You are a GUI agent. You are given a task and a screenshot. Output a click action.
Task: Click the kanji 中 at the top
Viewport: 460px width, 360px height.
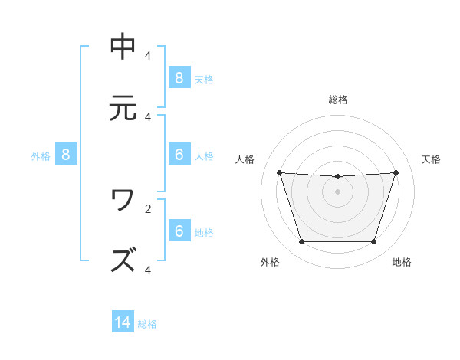coord(123,47)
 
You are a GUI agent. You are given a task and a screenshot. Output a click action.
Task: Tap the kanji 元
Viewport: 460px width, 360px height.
coord(123,108)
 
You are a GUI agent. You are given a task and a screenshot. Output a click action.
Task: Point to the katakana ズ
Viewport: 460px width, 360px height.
coord(123,260)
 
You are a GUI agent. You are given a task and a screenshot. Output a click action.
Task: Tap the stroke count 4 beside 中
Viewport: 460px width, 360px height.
coord(147,56)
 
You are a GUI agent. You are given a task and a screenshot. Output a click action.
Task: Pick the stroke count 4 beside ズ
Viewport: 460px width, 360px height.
coord(147,270)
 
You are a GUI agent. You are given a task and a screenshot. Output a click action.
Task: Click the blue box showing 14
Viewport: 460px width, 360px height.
coord(123,322)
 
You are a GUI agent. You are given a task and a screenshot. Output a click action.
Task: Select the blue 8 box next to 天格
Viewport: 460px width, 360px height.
coord(179,77)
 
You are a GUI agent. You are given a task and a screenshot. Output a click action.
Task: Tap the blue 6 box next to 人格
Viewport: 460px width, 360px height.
coord(179,155)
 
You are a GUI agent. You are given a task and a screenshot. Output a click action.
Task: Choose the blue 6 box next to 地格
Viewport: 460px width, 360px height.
coord(179,231)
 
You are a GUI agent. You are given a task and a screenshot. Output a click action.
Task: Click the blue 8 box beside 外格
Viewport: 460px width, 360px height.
coord(66,155)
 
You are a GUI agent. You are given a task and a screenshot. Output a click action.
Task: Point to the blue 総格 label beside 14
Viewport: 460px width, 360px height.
coord(147,324)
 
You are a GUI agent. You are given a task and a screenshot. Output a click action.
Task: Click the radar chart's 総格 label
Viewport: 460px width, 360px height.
coord(338,100)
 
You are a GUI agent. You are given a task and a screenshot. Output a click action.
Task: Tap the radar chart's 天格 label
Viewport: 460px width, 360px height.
coord(431,159)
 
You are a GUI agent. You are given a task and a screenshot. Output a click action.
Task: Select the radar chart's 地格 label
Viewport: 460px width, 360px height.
coord(402,262)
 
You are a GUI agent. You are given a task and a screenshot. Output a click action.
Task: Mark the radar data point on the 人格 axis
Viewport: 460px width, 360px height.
coord(280,172)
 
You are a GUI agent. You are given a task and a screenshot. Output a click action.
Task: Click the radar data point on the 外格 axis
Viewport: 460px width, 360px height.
coord(301,242)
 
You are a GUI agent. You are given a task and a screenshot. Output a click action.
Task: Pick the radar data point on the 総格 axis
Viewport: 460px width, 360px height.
coord(338,177)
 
